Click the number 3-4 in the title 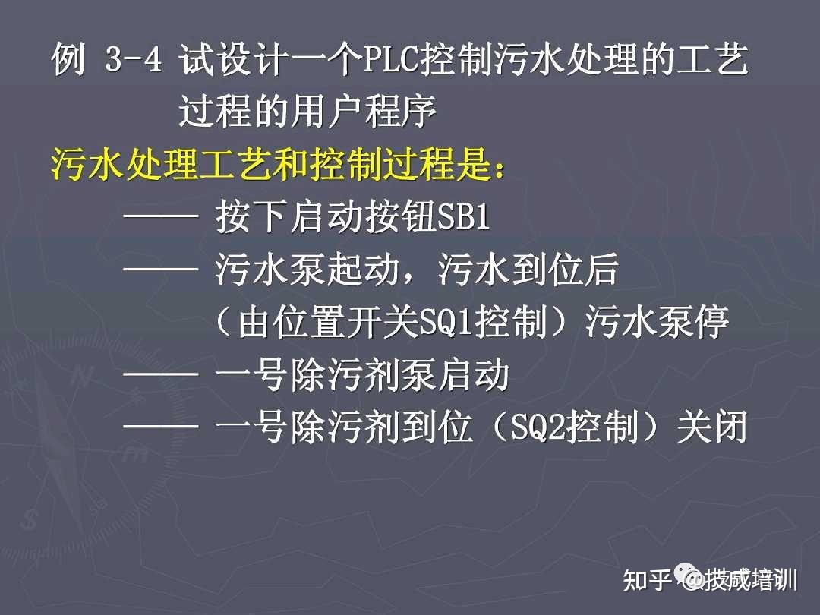tap(134, 58)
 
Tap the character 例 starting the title tap(69, 58)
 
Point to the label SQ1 tap(446, 321)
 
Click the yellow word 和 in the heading tap(289, 164)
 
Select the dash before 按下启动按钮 tap(160, 216)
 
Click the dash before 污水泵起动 tap(160, 268)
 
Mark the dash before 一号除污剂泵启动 tap(160, 374)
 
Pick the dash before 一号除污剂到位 tap(160, 426)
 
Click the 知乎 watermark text tap(647, 580)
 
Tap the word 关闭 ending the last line tap(712, 427)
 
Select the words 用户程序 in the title tap(363, 112)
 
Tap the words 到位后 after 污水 tap(566, 269)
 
